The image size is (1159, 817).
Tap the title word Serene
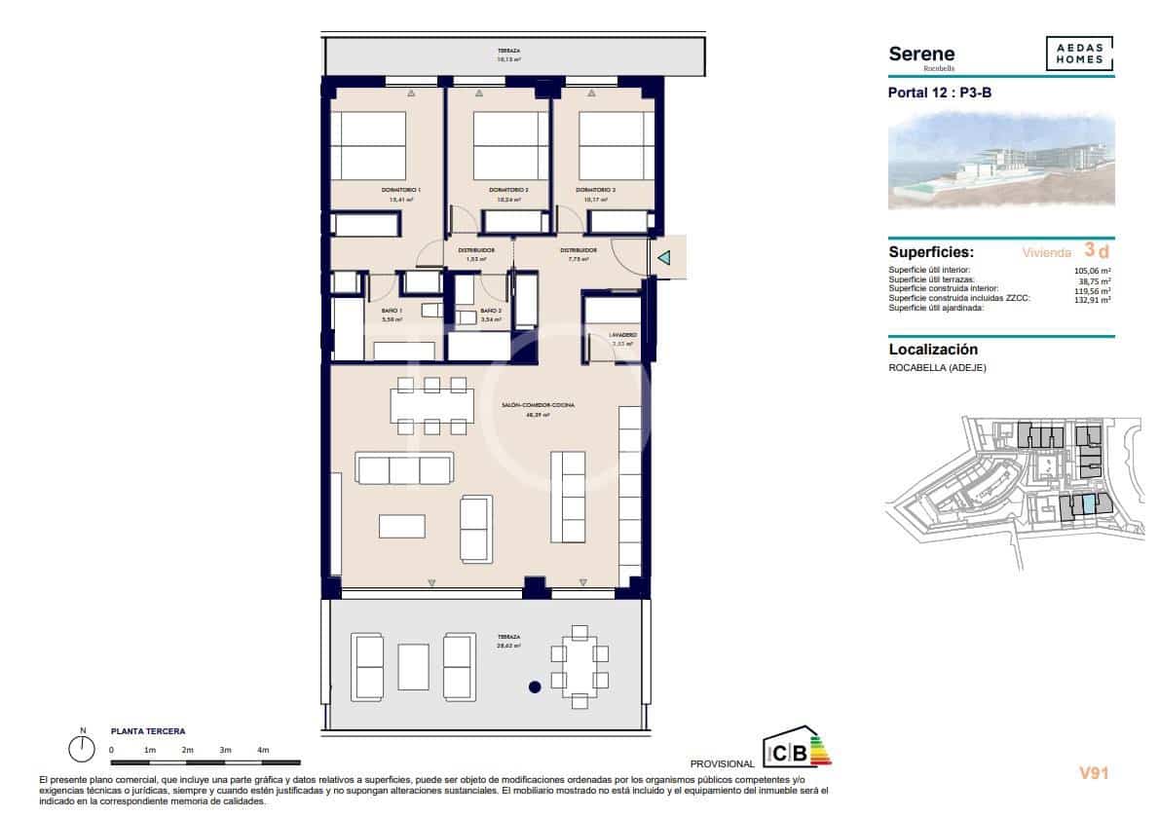(921, 55)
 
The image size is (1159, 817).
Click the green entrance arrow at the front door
(663, 258)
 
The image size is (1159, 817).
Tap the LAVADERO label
(623, 334)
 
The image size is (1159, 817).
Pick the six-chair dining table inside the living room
(430, 404)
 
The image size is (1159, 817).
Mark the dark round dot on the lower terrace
(534, 687)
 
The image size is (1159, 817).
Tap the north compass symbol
(83, 748)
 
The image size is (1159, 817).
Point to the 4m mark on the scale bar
(263, 750)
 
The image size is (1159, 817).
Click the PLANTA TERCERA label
(148, 730)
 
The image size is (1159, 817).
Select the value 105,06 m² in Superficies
(1092, 271)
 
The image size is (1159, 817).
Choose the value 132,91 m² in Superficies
(1092, 300)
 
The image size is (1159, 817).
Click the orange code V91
(1094, 773)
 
